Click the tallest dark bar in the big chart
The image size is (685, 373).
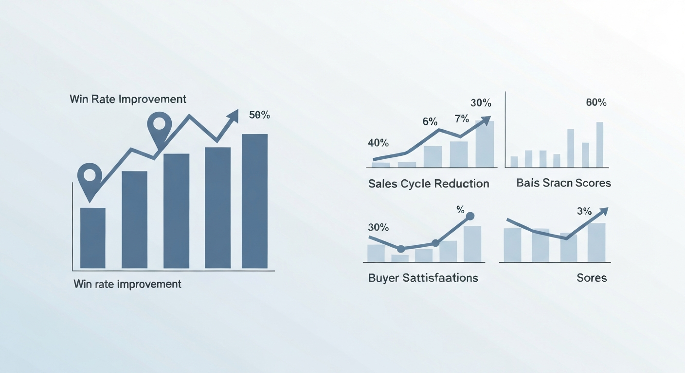pyautogui.click(x=254, y=201)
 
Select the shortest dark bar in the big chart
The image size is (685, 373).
pyautogui.click(x=92, y=237)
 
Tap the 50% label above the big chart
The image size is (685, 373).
pyautogui.click(x=259, y=116)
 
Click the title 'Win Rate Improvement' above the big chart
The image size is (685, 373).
pyautogui.click(x=128, y=99)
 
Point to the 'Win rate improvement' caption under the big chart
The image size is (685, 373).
pyautogui.click(x=127, y=284)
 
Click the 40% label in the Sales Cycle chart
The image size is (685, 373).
pyautogui.click(x=378, y=143)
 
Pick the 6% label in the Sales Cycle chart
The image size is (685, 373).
pyautogui.click(x=430, y=122)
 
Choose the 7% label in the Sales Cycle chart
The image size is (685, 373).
pyautogui.click(x=462, y=119)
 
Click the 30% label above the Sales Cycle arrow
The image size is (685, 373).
pyautogui.click(x=481, y=103)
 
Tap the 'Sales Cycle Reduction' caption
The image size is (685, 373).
pyautogui.click(x=429, y=184)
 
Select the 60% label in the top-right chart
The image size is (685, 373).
pyautogui.click(x=596, y=103)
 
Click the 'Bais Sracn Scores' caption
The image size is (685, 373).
pyautogui.click(x=563, y=183)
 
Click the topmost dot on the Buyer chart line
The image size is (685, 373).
pyautogui.click(x=470, y=216)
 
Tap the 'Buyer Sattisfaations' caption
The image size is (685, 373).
pyautogui.click(x=423, y=278)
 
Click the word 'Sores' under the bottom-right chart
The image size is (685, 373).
pyautogui.click(x=592, y=278)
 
